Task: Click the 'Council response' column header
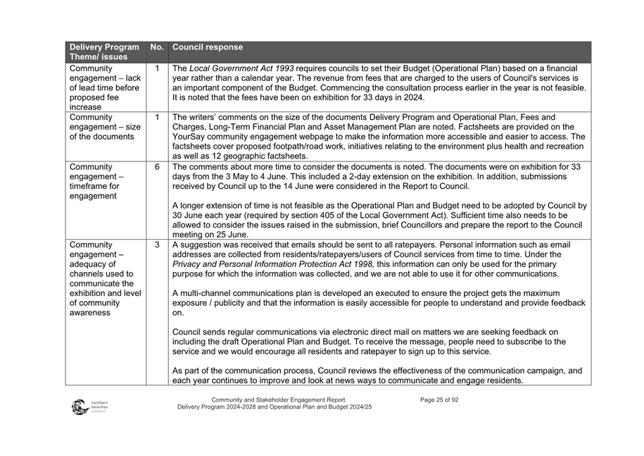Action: tap(208, 47)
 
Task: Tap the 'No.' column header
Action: tap(157, 47)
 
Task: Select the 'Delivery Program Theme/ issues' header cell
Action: tap(104, 51)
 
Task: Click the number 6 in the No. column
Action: tap(157, 167)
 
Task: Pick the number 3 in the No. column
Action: tap(157, 245)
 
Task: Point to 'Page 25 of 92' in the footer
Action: tap(439, 400)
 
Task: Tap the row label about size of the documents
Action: tap(104, 127)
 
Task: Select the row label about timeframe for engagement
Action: tap(99, 181)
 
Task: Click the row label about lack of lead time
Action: tap(104, 87)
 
